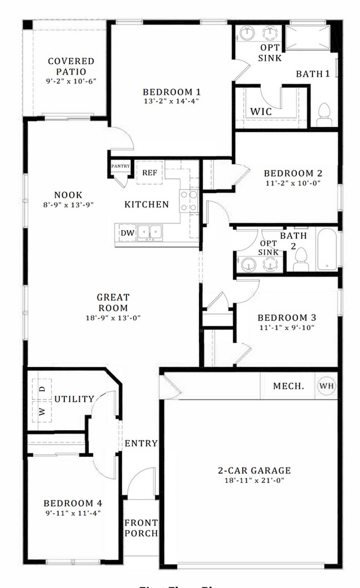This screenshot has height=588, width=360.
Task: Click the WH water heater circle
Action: (x=326, y=386)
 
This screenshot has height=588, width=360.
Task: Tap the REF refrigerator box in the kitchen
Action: (x=150, y=173)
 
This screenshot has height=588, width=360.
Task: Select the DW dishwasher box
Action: (x=127, y=233)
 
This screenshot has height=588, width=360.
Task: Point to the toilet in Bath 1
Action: (x=323, y=115)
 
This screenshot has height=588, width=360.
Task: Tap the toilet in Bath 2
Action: (x=301, y=259)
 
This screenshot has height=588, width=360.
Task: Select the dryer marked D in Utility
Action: (x=42, y=389)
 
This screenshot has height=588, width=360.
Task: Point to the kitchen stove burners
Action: (x=189, y=201)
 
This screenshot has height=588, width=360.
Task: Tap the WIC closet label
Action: (x=260, y=111)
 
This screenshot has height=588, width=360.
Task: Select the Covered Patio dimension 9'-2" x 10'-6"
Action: (x=70, y=81)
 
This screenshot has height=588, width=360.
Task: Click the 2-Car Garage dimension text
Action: (x=254, y=481)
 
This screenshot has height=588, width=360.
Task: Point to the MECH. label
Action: (x=288, y=386)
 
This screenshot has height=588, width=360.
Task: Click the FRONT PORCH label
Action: (x=141, y=528)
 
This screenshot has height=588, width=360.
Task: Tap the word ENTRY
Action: (x=141, y=443)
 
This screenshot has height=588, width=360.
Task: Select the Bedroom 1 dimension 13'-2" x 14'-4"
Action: (x=171, y=101)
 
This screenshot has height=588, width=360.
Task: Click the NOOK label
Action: (x=68, y=195)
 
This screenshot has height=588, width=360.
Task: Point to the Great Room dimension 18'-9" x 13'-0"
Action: (x=113, y=318)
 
